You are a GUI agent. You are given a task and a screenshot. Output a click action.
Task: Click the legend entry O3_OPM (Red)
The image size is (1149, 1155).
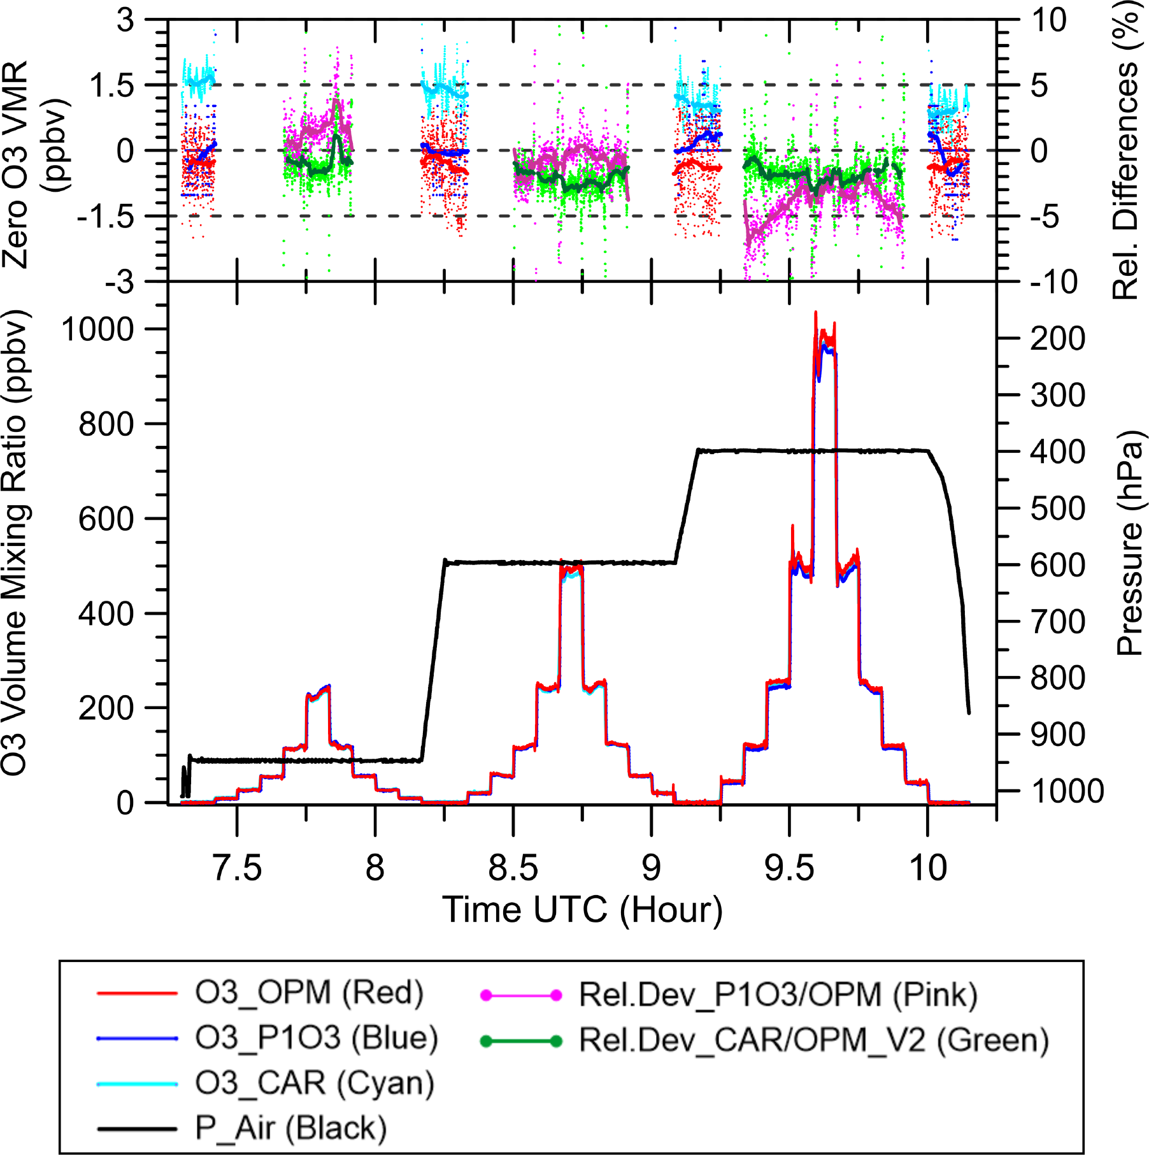tap(309, 993)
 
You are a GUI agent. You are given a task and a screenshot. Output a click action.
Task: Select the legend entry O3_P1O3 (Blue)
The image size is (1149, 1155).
tap(316, 1038)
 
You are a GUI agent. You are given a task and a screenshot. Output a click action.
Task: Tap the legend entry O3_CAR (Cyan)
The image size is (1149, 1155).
tap(314, 1083)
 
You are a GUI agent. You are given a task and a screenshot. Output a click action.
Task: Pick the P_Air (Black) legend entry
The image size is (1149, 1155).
tap(290, 1128)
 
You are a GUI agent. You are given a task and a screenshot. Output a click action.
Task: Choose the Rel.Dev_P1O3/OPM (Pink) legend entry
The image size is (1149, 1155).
tap(778, 994)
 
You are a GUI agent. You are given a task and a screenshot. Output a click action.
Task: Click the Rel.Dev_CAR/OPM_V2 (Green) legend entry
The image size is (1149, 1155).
tap(813, 1040)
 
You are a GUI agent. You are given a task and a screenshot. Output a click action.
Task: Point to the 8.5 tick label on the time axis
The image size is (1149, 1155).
tap(513, 868)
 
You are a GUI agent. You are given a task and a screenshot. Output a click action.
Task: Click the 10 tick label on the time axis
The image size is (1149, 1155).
tap(927, 868)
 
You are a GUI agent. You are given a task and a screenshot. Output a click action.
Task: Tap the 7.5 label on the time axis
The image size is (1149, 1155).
tap(237, 868)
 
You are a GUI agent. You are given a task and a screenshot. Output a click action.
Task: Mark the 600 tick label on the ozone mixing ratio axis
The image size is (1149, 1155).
tap(106, 519)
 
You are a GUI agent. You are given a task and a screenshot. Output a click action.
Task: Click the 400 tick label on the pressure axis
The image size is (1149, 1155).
tap(1058, 452)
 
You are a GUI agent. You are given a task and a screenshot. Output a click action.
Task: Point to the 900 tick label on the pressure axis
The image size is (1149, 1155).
tap(1058, 735)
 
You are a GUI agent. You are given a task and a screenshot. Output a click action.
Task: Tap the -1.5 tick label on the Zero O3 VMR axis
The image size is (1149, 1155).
tap(106, 217)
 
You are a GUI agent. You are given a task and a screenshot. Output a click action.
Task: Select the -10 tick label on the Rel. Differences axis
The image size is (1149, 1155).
tap(1054, 281)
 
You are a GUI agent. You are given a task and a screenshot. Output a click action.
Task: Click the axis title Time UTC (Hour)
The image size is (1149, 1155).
tap(582, 910)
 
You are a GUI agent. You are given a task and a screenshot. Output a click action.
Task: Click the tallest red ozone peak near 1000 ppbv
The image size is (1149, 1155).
tap(815, 313)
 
